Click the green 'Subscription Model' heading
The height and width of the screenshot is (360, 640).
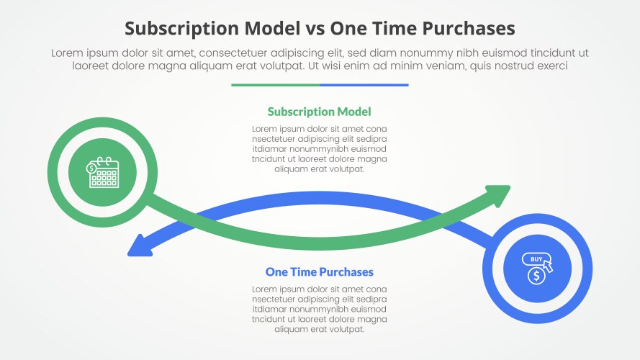[319, 112]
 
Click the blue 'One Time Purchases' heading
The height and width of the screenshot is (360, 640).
[319, 272]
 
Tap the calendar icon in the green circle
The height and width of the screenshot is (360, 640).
[102, 172]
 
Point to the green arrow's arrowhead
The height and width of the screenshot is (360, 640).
[498, 195]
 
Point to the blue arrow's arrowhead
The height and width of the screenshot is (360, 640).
[140, 246]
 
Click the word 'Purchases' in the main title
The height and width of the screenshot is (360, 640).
[469, 29]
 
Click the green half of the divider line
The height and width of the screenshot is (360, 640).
[276, 85]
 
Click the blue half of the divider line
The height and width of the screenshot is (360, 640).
[364, 85]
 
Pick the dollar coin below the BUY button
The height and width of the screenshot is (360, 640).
[536, 276]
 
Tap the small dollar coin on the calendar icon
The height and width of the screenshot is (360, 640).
[91, 168]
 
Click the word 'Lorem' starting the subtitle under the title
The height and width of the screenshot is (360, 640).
[68, 53]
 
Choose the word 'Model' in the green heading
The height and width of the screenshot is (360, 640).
[355, 112]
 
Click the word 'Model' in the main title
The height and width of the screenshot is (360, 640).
[272, 29]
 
